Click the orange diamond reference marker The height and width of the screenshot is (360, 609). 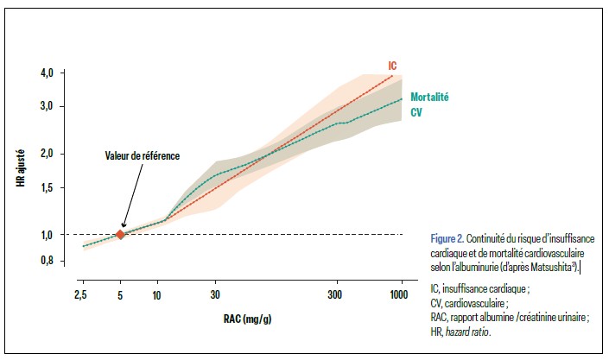(120, 234)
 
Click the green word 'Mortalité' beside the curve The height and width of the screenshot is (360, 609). (430, 97)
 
